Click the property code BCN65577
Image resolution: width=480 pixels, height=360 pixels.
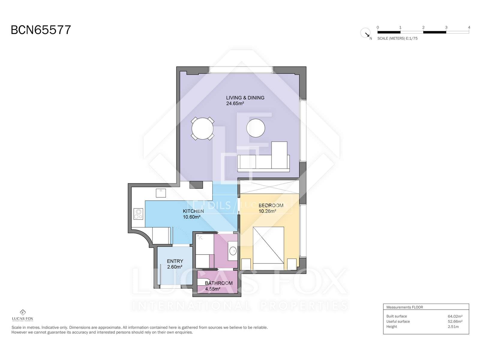pos(41,30)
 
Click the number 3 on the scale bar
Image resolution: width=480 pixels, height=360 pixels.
pos(446,27)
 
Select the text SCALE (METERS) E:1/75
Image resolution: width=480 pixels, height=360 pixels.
pos(397,38)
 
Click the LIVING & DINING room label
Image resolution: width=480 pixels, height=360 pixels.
pos(245,98)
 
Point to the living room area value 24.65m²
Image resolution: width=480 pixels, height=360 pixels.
pos(235,103)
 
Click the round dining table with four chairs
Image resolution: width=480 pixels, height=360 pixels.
pos(202,128)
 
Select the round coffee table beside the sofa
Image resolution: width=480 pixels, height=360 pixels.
pos(256,128)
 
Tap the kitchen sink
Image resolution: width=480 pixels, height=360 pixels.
pos(161,193)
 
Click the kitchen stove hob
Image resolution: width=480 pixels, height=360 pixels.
pos(138,214)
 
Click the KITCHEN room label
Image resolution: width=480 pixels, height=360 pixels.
pos(193,211)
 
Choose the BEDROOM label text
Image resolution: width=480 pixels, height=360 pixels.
pos(271,205)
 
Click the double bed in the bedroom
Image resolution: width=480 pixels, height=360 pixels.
pos(268,248)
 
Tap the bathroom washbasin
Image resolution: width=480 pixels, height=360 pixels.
pos(233,251)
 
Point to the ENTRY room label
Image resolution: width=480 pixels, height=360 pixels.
pos(175,261)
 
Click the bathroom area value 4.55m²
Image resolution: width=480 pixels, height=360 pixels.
pos(213,289)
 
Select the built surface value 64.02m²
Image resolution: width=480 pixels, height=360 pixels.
pos(455,316)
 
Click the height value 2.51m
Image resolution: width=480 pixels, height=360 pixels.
pos(453,327)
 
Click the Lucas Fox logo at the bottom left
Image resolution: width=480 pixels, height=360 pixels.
pos(22,315)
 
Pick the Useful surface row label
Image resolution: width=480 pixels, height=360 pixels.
pos(398,322)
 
